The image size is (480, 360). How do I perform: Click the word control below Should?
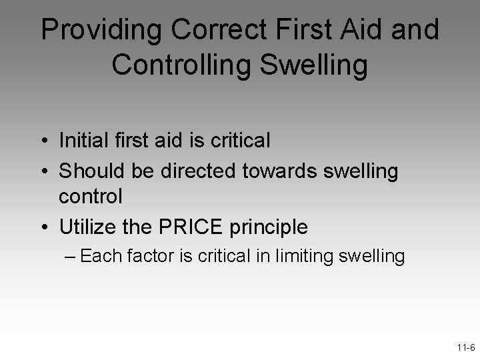(91, 197)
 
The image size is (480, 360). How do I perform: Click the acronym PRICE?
(197, 227)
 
